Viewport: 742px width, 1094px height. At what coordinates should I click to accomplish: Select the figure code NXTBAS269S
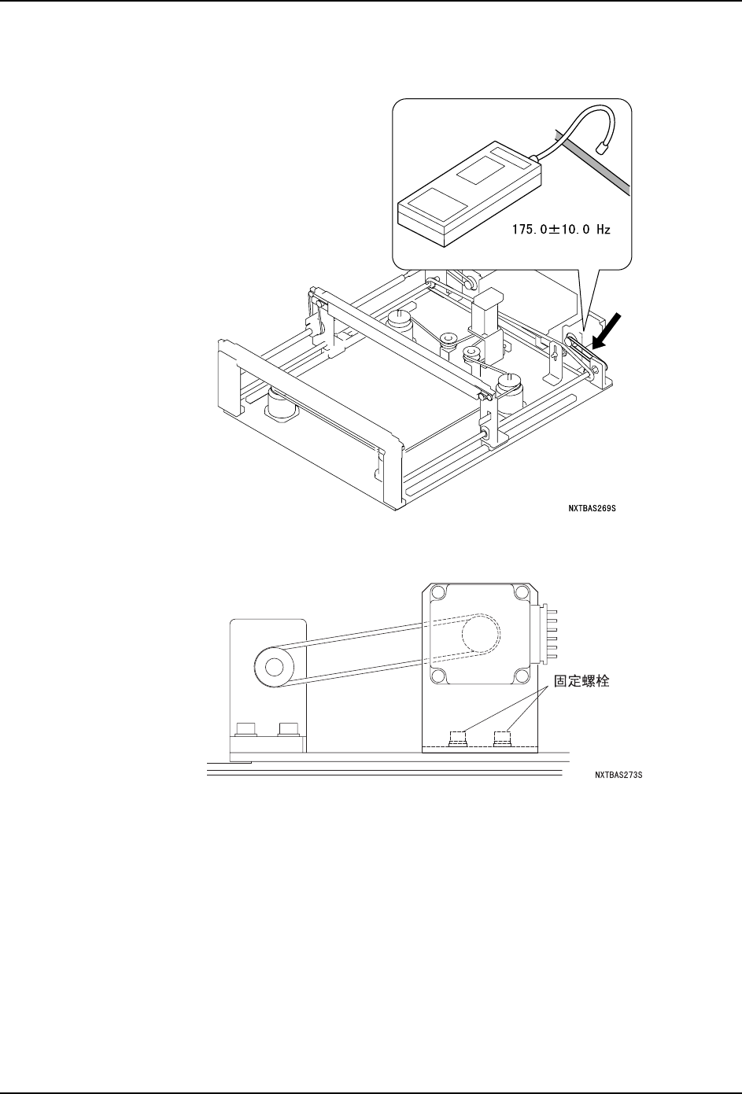[x=591, y=509]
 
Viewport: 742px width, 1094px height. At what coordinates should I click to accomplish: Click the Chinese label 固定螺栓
[x=581, y=683]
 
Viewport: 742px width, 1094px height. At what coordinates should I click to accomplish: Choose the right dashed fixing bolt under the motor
[x=502, y=738]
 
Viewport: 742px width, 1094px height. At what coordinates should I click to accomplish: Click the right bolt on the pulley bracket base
[x=289, y=728]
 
